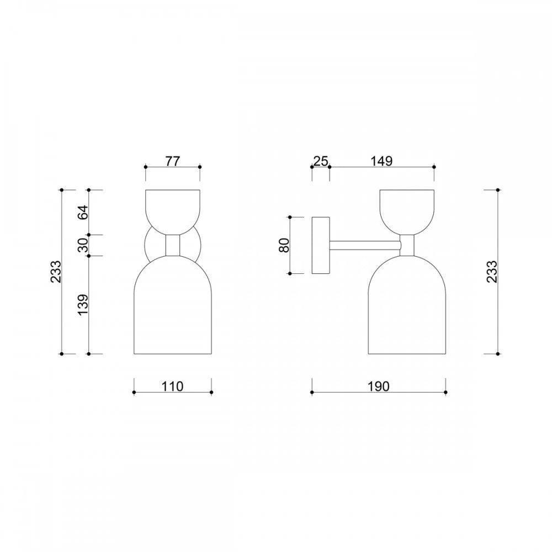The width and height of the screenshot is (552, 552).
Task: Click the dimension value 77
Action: click(172, 161)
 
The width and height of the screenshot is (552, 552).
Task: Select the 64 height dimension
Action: click(83, 212)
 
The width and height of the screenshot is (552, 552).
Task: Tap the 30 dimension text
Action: click(83, 245)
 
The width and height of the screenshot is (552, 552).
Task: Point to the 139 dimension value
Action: click(83, 305)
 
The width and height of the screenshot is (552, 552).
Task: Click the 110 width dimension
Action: click(172, 386)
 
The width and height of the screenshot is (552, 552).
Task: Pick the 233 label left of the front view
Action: click(56, 272)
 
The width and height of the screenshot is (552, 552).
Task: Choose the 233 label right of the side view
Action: click(492, 272)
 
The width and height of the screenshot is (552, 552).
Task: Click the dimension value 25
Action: click(321, 161)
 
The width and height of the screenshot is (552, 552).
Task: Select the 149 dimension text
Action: click(381, 161)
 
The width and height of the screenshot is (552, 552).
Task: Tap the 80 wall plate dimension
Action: click(284, 245)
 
